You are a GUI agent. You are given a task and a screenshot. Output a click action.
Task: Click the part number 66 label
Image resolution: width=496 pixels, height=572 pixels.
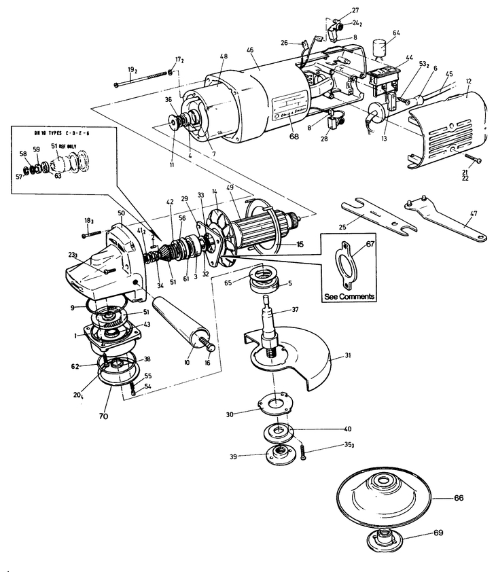459,498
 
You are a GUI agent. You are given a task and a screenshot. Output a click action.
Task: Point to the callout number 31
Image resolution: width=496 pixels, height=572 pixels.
347,356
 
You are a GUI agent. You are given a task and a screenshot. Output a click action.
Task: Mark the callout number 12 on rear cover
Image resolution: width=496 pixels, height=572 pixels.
468,80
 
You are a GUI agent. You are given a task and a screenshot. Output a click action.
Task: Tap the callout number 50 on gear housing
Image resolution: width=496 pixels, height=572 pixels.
121,213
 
